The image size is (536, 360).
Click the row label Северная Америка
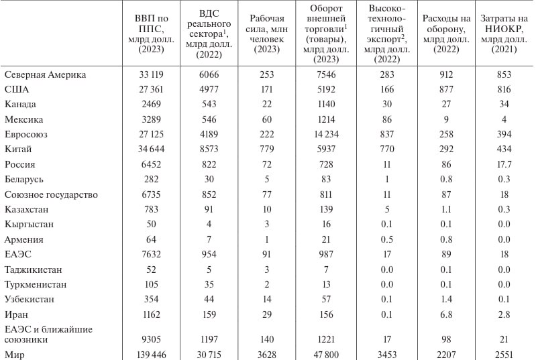tap(45, 74)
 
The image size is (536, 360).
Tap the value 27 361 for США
tap(154, 89)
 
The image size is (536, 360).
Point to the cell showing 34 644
tap(154, 149)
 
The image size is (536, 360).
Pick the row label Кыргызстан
tap(29, 224)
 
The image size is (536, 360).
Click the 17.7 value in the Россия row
tap(505, 164)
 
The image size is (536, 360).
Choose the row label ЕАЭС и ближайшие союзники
tap(48, 334)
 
